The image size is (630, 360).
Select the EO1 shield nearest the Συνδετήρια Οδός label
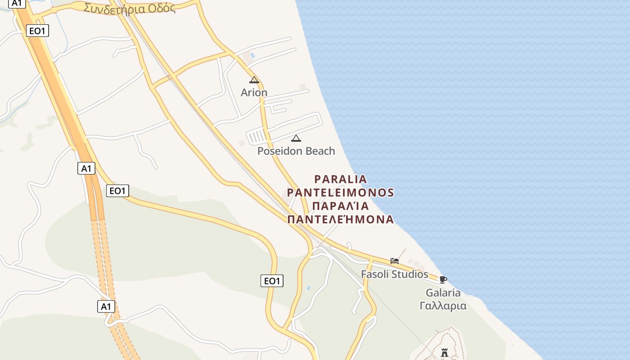point(37,31)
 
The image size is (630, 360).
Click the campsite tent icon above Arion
point(254,80)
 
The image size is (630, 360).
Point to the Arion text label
point(254,92)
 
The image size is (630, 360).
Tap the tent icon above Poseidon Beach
point(296,138)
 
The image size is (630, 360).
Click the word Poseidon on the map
point(279,151)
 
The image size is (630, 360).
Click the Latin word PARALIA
point(341,179)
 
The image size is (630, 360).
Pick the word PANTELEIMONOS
point(341,193)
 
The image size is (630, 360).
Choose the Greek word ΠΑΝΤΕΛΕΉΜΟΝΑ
point(341,220)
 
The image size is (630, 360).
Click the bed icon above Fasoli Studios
point(395,261)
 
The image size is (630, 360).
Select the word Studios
point(410,274)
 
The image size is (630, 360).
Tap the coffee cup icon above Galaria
point(443,279)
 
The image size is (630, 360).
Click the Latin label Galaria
point(443,293)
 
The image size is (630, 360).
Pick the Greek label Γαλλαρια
point(443,306)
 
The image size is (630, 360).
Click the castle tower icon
point(445,352)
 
